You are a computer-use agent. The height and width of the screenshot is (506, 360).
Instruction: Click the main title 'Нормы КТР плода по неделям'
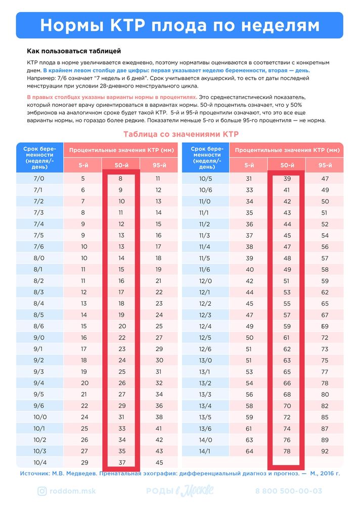179,25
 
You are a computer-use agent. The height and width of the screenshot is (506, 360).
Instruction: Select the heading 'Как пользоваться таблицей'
74,52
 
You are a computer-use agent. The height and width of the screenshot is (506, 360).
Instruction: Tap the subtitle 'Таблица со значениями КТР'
181,134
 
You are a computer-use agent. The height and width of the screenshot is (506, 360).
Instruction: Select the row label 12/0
205,281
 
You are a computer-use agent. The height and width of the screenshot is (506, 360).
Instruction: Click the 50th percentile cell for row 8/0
121,258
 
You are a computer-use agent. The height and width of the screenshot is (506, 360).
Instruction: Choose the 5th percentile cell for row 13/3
249,394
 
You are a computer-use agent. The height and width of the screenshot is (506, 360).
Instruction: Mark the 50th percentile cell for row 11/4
287,247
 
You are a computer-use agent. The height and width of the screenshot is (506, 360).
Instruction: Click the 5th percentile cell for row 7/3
83,213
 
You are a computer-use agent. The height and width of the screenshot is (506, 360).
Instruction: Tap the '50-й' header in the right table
287,165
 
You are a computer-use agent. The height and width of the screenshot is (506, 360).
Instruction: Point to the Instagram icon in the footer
42,491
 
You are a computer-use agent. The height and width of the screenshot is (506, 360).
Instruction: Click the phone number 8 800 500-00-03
289,491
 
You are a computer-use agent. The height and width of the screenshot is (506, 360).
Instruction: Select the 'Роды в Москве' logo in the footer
180,491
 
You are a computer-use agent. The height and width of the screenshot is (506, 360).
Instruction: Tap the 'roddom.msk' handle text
73,491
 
